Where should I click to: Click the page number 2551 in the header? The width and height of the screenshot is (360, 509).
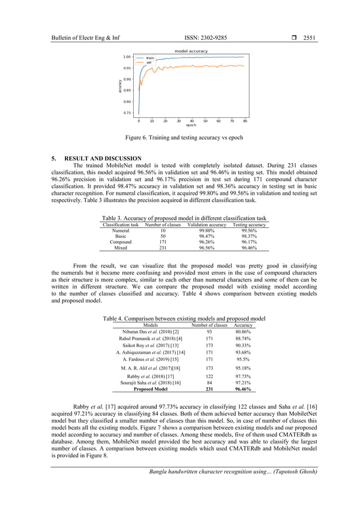tap(309, 38)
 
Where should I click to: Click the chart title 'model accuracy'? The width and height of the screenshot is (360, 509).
tap(191, 51)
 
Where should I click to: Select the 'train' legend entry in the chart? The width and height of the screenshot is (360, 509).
tap(150, 58)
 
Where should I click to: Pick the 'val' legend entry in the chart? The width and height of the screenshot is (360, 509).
tap(149, 62)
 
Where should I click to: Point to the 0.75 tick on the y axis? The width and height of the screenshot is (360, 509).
tap(128, 113)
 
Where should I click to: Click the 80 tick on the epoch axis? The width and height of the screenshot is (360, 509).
tap(245, 121)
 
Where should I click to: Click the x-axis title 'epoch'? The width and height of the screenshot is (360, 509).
tap(191, 125)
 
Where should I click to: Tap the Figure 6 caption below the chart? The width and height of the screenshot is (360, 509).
tap(184, 137)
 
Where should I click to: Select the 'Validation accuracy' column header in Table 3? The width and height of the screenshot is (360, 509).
tap(207, 225)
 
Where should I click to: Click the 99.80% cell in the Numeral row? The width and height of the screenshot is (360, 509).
tap(207, 231)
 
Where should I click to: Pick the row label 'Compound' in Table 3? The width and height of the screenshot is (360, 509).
tap(121, 242)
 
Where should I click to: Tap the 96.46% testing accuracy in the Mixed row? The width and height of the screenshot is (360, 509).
tap(249, 248)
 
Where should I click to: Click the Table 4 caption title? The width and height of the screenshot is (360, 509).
tap(184, 319)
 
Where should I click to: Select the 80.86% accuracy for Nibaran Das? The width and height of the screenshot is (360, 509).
tap(243, 332)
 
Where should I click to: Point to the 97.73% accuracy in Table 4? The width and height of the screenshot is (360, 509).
tap(243, 376)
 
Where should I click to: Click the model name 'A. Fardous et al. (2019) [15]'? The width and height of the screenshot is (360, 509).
tap(150, 359)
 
